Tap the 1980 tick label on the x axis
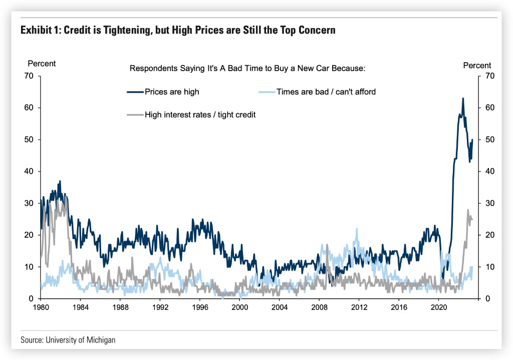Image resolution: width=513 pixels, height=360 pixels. coord(41,306)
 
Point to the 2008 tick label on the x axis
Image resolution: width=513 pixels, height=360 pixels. coord(319,306)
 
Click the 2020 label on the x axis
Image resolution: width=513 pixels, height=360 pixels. coord(438,306)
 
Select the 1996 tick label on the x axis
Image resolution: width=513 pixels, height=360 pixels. coord(200,306)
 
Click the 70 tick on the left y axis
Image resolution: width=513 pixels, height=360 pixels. coord(29,76)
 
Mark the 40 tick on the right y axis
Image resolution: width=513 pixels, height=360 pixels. coord(484,171)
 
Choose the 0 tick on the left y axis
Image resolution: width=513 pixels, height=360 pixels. coord(31,299)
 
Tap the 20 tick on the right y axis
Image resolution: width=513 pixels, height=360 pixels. coord(484,235)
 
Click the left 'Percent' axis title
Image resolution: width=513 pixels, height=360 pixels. coord(42,64)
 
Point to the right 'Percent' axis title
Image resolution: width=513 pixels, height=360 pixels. coord(477,65)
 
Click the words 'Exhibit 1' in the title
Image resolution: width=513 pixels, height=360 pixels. coord(40,30)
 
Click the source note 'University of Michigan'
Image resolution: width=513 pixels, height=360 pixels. coord(81,340)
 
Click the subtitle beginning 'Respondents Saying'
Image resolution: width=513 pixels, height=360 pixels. coord(248,68)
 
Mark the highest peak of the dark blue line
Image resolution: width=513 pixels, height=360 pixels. coord(462,98)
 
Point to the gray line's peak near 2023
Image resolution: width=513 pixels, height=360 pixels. coord(468,210)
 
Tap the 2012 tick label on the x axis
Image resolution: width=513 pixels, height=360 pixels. coord(359,306)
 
